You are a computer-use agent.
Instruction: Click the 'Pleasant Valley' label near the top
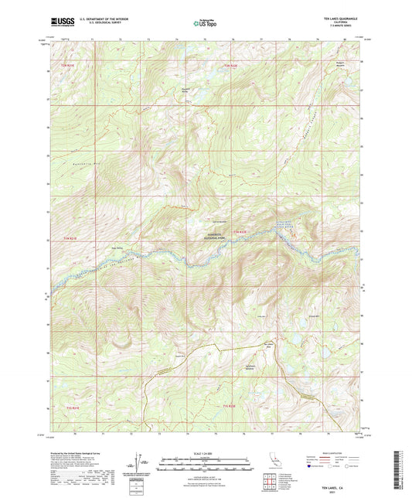coord(206,88)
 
